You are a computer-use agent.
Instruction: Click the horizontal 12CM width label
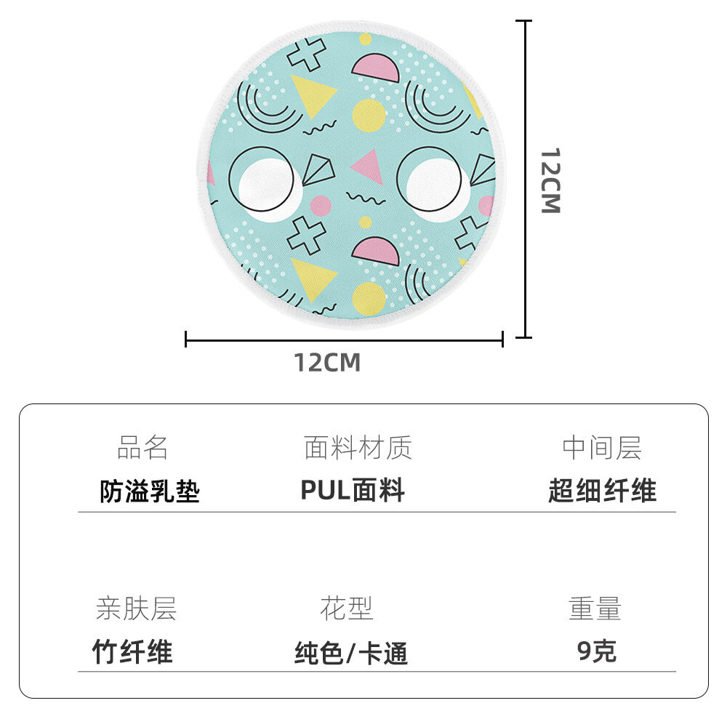coord(327,362)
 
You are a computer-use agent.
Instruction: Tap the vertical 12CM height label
coord(550,181)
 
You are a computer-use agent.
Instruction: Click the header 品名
coord(142,448)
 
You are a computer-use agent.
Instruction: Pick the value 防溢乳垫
coord(150,492)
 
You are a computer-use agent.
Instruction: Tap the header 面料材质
coord(358,448)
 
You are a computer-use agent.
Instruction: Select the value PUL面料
coord(353,491)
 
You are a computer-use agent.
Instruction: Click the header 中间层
coord(602,448)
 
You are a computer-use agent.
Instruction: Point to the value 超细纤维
coord(602,491)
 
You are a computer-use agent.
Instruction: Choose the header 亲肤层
coord(136,608)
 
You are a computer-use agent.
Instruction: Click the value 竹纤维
coord(132,652)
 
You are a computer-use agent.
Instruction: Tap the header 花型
coord(347,608)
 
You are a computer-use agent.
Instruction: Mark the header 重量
coord(595,608)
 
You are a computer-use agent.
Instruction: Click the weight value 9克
coord(597,651)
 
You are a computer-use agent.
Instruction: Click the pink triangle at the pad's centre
coord(369,166)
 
